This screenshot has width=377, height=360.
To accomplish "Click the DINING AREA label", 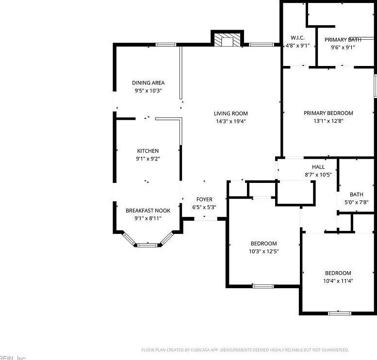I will point(148,83).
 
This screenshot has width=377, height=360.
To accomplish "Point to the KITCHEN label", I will point(148,151).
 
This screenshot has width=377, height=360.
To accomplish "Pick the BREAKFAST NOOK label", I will point(148,211).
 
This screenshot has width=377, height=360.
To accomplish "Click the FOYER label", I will point(204,199).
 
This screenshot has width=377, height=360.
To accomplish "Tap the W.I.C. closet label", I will point(297,38).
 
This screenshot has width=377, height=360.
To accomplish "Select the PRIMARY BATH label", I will point(343,40).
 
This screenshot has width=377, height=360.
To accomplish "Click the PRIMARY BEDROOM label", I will point(328,113).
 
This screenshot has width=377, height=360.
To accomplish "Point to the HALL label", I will point(318,167).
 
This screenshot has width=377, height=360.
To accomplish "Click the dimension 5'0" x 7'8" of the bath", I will point(357,202).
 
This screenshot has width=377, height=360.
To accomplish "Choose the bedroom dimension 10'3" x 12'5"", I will point(263,251).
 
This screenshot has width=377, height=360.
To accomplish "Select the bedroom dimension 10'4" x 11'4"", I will point(338,281).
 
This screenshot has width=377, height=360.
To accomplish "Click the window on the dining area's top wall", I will point(165,45).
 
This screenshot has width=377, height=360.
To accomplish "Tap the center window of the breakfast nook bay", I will point(148,245).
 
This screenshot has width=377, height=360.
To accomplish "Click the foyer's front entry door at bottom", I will point(206,219).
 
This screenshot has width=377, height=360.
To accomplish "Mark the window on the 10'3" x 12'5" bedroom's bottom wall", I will point(263,286).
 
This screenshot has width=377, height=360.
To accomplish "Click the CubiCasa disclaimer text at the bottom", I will point(245,350).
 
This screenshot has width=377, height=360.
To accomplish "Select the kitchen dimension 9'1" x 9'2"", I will point(148,159).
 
